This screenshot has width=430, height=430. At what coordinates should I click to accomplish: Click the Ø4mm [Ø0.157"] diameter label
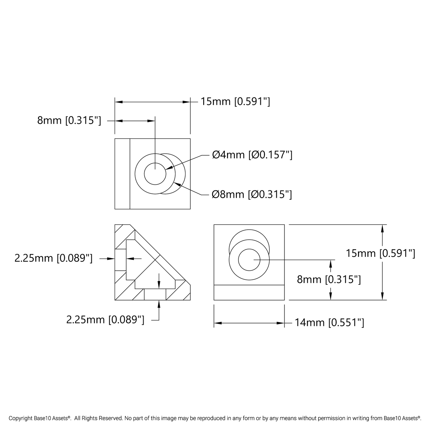(x=252, y=155)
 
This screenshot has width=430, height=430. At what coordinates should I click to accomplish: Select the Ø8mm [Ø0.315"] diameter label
(x=252, y=195)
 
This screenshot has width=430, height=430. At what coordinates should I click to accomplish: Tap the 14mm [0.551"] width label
(x=329, y=323)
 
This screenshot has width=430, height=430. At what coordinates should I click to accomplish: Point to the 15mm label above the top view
(x=235, y=102)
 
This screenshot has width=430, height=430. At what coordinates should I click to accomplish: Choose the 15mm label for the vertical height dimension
(x=380, y=254)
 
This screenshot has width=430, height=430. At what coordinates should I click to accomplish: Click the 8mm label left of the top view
(x=69, y=121)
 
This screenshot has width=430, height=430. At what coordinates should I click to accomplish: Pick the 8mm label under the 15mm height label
(x=329, y=280)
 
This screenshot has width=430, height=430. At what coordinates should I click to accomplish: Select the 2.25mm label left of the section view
(x=54, y=258)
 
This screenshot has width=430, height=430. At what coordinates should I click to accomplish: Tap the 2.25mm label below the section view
(x=105, y=320)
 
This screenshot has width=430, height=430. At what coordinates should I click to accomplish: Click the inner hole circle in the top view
(x=155, y=174)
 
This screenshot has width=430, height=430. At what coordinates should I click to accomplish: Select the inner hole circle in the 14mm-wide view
(x=249, y=260)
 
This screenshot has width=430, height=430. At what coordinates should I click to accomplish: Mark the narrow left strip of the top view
(x=122, y=174)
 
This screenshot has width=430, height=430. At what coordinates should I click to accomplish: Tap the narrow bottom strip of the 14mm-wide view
(x=249, y=293)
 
